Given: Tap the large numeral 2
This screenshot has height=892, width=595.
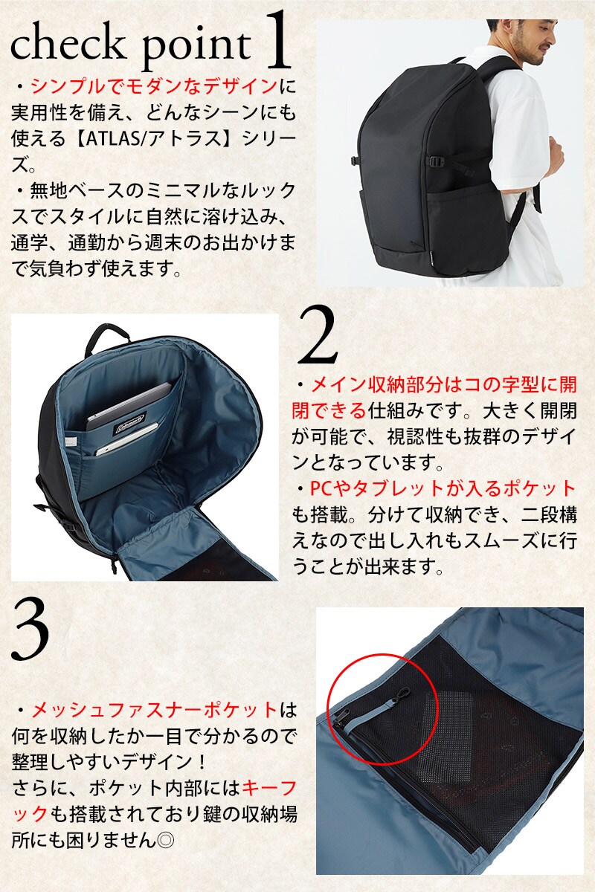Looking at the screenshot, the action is pos(318,335).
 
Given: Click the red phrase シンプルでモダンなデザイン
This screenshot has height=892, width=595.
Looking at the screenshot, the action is pos(154,86).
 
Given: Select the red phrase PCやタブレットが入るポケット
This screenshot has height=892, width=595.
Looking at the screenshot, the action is pos(443,489).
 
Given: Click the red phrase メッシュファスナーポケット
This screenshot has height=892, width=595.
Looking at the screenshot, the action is pos(155,711).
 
